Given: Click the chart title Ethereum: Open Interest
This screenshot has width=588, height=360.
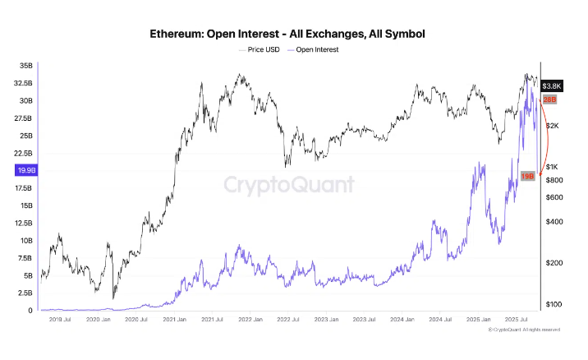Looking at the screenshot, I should point(287,35).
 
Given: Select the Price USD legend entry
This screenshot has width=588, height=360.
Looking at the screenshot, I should point(261,49).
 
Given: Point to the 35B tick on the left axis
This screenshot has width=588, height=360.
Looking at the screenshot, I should point(25,65).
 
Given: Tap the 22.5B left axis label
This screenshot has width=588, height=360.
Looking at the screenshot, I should point(23,153).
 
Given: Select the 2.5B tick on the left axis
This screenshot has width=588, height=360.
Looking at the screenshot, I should point(25,293).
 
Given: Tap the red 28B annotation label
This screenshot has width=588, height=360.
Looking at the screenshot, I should point(550,99).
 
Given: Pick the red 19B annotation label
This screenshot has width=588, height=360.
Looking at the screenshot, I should point(528,176).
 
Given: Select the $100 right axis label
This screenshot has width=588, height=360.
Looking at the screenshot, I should point(552,304).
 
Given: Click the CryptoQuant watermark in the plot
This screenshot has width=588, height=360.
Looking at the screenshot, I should point(289,184).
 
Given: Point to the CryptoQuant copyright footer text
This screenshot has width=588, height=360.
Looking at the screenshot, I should point(526,330).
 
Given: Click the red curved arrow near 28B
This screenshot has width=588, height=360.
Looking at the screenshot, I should point(545,136).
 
